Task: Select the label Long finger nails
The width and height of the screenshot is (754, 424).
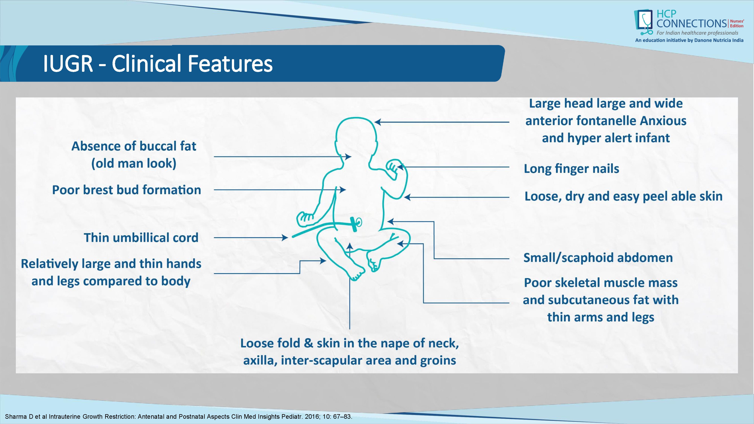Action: click(x=571, y=169)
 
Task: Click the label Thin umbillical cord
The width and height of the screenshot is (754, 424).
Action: click(x=141, y=238)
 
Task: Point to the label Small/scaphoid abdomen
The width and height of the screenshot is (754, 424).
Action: click(x=598, y=258)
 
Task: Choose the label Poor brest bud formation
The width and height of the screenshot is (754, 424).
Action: click(x=126, y=190)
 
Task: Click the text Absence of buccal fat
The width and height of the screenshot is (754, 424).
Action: click(x=134, y=146)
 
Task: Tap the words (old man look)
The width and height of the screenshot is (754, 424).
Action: click(x=134, y=163)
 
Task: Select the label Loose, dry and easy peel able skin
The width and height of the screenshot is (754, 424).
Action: click(x=623, y=196)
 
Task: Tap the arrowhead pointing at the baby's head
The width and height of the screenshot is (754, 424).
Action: click(x=378, y=122)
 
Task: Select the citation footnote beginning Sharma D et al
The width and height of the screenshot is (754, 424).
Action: click(x=179, y=416)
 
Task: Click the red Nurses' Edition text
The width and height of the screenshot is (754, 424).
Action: click(x=737, y=23)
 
